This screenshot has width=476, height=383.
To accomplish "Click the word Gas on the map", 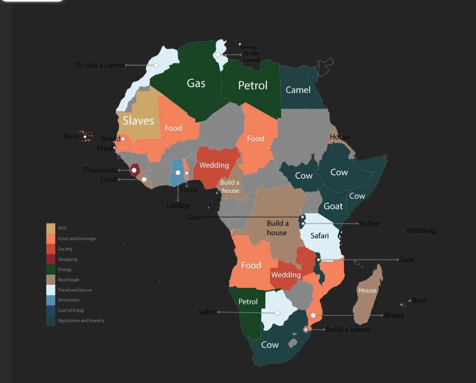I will [x=196, y=83].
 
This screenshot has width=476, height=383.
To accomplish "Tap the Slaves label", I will [x=138, y=121].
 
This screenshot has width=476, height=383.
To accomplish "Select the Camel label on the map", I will [x=298, y=90].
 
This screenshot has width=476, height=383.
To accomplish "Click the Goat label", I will [x=333, y=206].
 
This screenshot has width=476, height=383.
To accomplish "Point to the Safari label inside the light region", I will [x=319, y=236].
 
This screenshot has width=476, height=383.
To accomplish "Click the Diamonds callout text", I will [x=100, y=170].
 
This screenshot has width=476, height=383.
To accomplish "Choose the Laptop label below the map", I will [x=178, y=205].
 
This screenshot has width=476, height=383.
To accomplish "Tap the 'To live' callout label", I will [x=369, y=224].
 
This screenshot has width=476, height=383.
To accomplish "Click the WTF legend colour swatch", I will [x=51, y=228].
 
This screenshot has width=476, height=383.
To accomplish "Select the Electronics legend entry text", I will [x=69, y=300].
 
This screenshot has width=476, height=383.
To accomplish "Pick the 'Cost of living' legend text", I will [x=71, y=310].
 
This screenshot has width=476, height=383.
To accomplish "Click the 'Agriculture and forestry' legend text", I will [x=81, y=320].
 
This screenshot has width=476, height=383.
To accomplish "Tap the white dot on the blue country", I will [x=178, y=172].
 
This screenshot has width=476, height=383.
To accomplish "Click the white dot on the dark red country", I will [x=134, y=170].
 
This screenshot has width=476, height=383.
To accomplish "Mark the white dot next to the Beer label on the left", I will [x=85, y=137].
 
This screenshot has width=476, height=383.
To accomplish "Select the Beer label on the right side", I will [x=419, y=301].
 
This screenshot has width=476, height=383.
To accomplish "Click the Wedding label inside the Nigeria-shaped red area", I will [x=214, y=165].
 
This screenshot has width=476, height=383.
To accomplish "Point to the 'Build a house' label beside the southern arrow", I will [x=348, y=329].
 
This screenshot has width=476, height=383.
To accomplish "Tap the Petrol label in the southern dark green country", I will [x=248, y=302].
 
